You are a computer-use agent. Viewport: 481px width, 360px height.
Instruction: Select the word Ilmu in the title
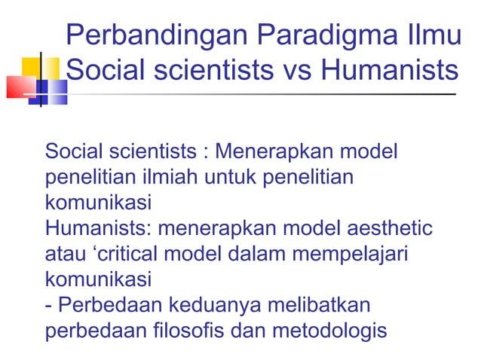(430, 35)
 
